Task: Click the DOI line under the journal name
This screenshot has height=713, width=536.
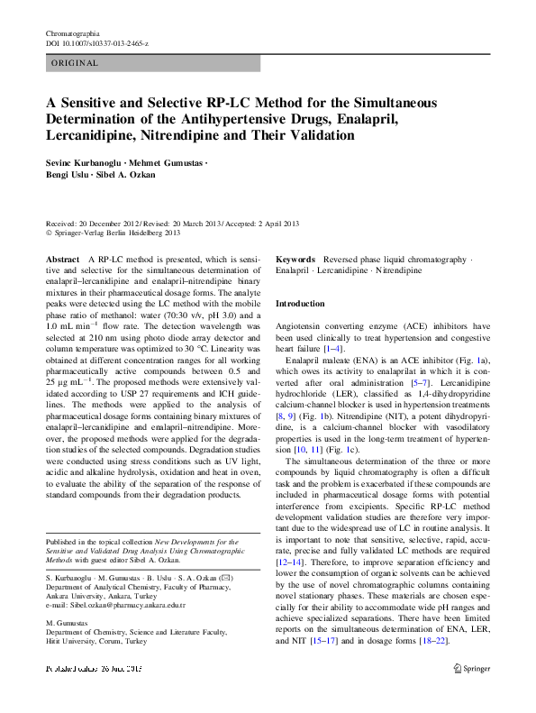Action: tap(97, 42)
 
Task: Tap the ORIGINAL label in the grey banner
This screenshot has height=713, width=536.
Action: tap(75, 64)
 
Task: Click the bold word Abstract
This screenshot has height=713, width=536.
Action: tap(62, 259)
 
